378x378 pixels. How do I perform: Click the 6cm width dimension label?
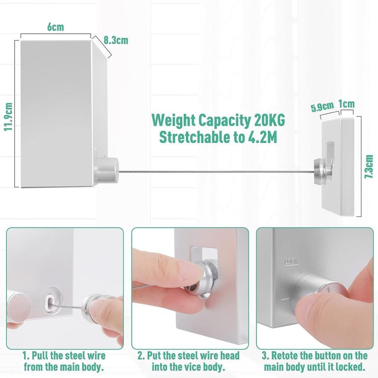tap(56, 27)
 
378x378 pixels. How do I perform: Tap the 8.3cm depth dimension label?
tap(116, 40)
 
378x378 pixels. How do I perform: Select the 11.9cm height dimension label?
tap(9, 117)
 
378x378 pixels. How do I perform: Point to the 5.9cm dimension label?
tap(322, 107)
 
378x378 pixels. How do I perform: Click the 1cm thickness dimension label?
tap(346, 104)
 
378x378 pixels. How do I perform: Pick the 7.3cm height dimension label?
tap(369, 166)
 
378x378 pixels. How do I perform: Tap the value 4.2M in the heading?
tap(263, 138)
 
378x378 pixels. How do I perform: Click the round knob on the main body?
tap(107, 170)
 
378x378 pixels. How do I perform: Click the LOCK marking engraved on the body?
tap(291, 261)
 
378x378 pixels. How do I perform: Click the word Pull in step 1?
tap(40, 356)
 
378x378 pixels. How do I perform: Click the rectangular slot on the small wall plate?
tap(330, 152)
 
